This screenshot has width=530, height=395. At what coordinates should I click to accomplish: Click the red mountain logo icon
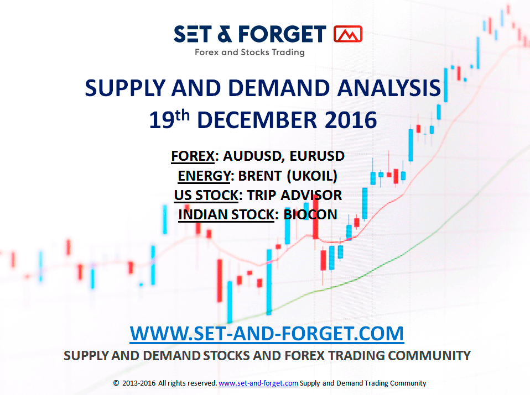point(348,34)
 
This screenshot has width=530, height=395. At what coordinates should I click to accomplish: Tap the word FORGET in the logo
point(282,34)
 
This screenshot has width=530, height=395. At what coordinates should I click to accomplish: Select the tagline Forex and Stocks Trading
point(250,52)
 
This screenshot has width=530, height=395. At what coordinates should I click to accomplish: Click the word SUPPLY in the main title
point(125,88)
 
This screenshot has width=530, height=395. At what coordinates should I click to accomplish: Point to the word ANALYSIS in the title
point(389,88)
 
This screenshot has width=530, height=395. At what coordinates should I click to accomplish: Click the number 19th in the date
point(169,119)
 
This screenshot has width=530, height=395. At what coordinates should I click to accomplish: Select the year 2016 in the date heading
point(351,120)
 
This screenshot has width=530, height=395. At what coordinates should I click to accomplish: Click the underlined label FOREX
point(193,156)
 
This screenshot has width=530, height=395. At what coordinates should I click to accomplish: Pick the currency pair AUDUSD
point(252,156)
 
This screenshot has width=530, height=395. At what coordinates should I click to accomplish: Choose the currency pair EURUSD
point(317,156)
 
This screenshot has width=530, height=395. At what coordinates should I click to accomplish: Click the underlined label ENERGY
point(204,176)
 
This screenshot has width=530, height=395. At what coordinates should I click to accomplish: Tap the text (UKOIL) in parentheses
point(312,176)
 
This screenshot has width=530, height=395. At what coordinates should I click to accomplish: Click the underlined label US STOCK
point(206,196)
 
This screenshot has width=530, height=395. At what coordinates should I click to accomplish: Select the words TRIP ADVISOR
point(294,195)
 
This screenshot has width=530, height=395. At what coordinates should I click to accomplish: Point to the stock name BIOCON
point(310,215)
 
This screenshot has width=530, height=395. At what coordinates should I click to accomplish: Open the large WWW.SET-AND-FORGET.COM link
point(267,334)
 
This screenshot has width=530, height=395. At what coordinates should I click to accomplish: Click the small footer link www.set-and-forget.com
point(258,383)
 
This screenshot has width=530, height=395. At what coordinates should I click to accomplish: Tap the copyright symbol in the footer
point(116,383)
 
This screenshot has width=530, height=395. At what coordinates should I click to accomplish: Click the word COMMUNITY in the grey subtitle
point(429,356)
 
